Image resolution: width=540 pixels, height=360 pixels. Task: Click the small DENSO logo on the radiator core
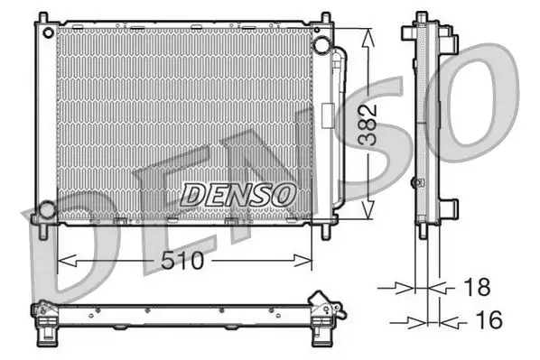pyautogui.click(x=238, y=192)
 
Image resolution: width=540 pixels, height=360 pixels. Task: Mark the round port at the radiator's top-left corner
pyautogui.click(x=47, y=32)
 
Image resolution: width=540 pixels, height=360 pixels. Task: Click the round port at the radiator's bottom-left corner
pyautogui.click(x=45, y=212)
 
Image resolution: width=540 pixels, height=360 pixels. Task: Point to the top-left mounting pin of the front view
pyautogui.click(x=40, y=17)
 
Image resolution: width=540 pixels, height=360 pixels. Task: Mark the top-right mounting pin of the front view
pyautogui.click(x=324, y=17)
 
